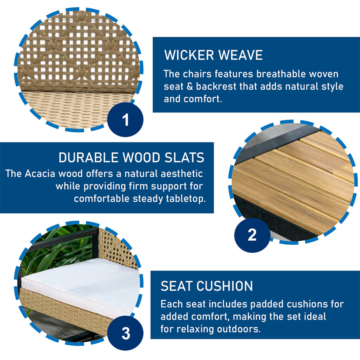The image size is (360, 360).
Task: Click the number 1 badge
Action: (x=125, y=120)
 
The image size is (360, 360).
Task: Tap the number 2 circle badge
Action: (x=252, y=235)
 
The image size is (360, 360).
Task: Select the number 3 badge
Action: (x=125, y=333)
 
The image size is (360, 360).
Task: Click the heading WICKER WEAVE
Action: (x=213, y=55)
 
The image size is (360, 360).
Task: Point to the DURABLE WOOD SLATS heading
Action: (x=131, y=158)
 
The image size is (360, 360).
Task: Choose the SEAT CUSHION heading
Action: (x=207, y=286)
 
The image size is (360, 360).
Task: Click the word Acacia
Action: (x=40, y=174)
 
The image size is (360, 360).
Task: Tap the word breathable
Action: (x=281, y=74)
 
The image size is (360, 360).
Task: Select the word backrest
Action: (x=216, y=86)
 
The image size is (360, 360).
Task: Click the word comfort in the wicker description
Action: (x=202, y=99)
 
